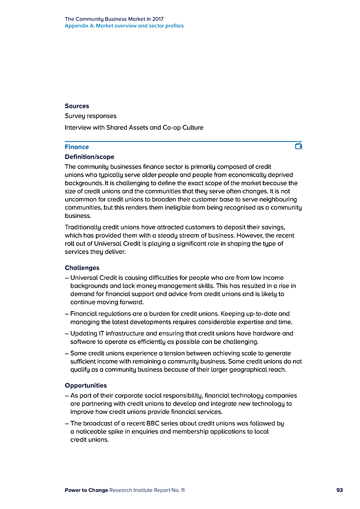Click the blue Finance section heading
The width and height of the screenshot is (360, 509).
click(x=77, y=147)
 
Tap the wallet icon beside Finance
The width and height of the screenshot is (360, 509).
click(x=298, y=146)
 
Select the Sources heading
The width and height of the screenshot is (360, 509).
click(x=77, y=106)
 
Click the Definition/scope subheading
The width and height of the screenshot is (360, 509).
click(x=90, y=157)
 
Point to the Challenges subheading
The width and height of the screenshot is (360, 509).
click(x=82, y=268)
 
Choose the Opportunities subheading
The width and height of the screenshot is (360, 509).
click(x=86, y=386)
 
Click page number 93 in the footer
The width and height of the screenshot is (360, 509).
click(x=340, y=490)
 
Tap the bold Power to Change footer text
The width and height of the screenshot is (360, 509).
click(x=86, y=490)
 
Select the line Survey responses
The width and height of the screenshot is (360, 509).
click(x=90, y=116)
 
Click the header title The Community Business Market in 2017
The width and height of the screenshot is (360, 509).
click(x=114, y=19)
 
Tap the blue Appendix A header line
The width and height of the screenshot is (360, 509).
click(x=124, y=26)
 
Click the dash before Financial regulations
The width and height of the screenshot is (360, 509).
click(x=67, y=314)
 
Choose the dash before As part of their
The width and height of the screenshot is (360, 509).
click(x=67, y=396)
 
